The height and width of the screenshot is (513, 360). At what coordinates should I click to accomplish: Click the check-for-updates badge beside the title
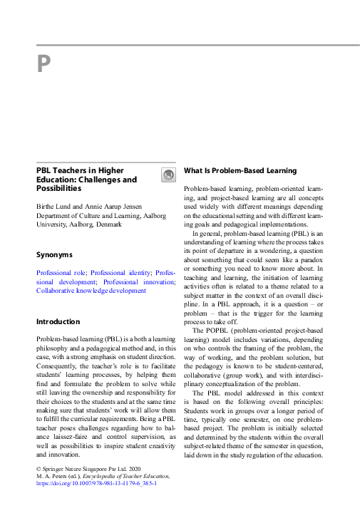coord(168,175)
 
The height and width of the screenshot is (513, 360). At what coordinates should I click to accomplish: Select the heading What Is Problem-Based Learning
coord(240,171)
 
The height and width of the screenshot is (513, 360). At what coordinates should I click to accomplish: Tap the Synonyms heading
coord(55,254)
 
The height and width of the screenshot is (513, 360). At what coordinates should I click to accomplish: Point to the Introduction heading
coord(58,322)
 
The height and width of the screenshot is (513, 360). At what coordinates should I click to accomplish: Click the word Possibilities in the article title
coord(58,189)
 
